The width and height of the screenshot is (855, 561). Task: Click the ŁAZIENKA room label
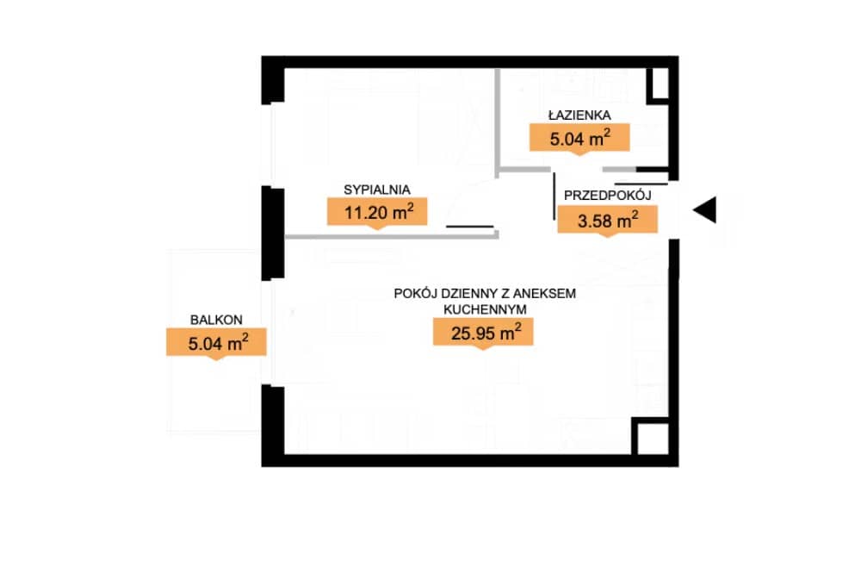pos(579,115)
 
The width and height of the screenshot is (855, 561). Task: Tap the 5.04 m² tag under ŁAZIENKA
pos(579,138)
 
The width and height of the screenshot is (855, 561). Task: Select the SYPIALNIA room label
pos(377,190)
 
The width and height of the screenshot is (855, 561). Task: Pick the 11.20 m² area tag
pos(377,212)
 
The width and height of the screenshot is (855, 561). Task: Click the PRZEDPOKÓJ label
pos(607,195)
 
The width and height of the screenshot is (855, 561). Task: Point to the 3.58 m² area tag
pos(607,220)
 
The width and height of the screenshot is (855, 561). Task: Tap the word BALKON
pos(216,320)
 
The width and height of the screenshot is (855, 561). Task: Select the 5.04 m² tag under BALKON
pos(216,343)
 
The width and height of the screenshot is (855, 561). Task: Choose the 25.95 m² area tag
pos(483,331)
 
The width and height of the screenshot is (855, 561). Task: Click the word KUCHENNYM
pos(485,309)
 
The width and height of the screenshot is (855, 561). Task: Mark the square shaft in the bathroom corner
pos(658,84)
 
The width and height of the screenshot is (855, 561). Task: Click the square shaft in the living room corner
pos(651,437)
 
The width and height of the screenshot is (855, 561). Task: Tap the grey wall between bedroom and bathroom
pos(498,122)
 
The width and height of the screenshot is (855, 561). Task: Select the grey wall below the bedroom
pos(392,236)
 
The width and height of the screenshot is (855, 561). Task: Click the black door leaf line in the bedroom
pos(470,226)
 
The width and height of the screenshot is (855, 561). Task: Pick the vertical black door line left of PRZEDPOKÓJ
pos(555,196)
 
